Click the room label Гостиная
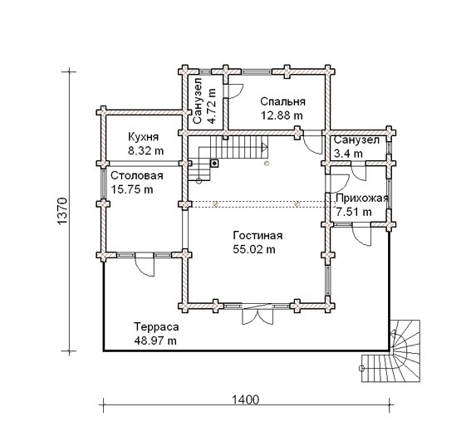pyautogui.click(x=258, y=235)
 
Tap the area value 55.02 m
pyautogui.click(x=254, y=249)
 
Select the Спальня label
pyautogui.click(x=282, y=101)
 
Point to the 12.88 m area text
pyautogui.click(x=282, y=115)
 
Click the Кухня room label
pyautogui.click(x=143, y=137)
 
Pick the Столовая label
pyautogui.click(x=137, y=175)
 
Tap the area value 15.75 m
pyautogui.click(x=132, y=189)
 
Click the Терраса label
pyautogui.click(x=156, y=326)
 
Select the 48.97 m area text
pyautogui.click(x=155, y=340)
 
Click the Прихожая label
pyautogui.click(x=362, y=198)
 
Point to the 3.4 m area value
pyautogui.click(x=348, y=154)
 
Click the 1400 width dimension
pyautogui.click(x=245, y=399)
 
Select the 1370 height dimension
pyautogui.click(x=61, y=211)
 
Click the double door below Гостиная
pyautogui.click(x=258, y=315)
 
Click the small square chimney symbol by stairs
pyautogui.click(x=214, y=164)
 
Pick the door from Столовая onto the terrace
pyautogui.click(x=145, y=264)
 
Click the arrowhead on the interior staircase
pyautogui.click(x=265, y=147)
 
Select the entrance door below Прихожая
pyautogui.click(x=361, y=235)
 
